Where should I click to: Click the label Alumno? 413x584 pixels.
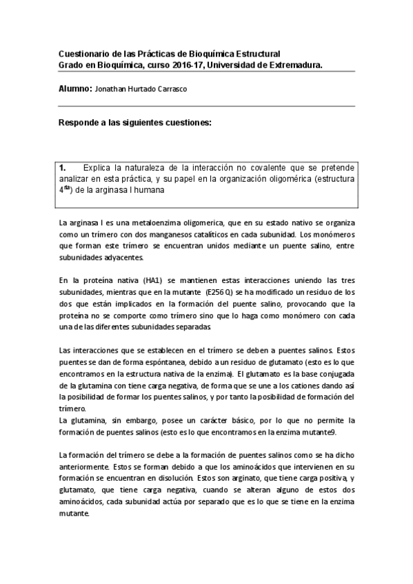(76, 90)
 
